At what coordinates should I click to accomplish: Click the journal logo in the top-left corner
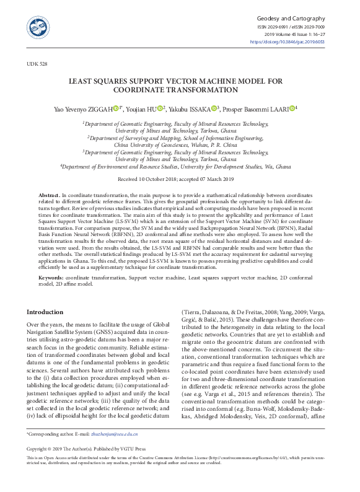click(38, 27)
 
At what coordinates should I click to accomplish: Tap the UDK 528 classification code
click(36, 64)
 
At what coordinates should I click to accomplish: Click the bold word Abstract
click(49, 194)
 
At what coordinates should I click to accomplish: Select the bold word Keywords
click(51, 278)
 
